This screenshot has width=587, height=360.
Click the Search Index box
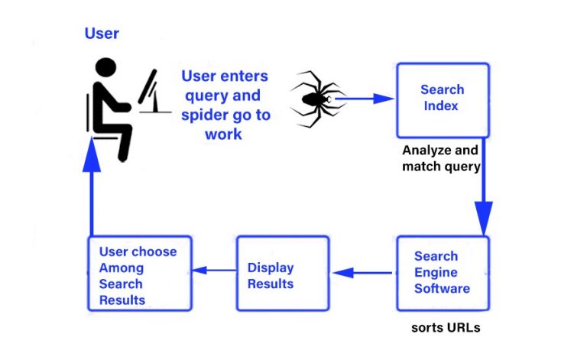pyautogui.click(x=442, y=99)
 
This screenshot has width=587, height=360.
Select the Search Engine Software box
pyautogui.click(x=443, y=273)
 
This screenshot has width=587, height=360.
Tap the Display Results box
pyautogui.click(x=283, y=273)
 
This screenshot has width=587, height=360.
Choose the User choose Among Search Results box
pyautogui.click(x=137, y=273)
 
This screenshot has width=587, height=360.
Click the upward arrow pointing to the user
pyautogui.click(x=91, y=191)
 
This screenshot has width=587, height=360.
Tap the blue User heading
pyautogui.click(x=102, y=34)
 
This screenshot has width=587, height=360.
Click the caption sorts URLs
pyautogui.click(x=446, y=328)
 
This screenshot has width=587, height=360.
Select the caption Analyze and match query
pyautogui.click(x=441, y=158)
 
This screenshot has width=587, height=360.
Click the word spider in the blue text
pyautogui.click(x=205, y=115)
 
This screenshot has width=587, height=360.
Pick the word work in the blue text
pyautogui.click(x=223, y=134)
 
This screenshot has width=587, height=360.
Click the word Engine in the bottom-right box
pyautogui.click(x=436, y=272)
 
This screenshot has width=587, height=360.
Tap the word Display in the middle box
pyautogui.click(x=271, y=268)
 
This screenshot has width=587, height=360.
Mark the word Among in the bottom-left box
pyautogui.click(x=121, y=268)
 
